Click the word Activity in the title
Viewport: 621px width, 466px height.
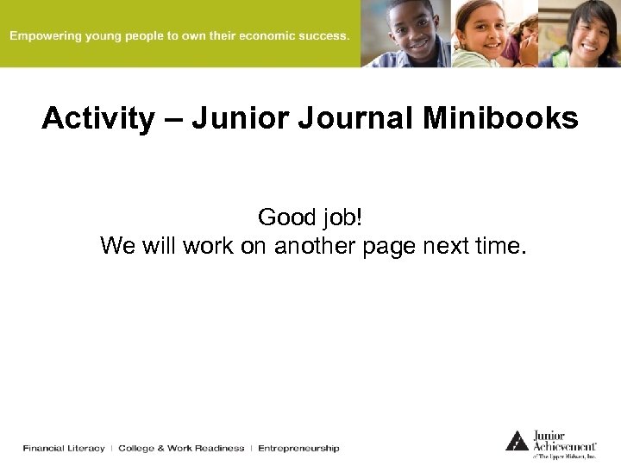coord(97,118)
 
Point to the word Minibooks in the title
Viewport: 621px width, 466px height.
coord(500,118)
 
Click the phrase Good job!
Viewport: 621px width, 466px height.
coord(310,217)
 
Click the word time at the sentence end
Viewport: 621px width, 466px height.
coord(496,246)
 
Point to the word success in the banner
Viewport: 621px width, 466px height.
coord(320,36)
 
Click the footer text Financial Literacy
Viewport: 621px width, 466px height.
coord(64,448)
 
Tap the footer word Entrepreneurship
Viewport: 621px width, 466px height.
coord(298,448)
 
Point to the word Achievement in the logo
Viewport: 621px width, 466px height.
coord(565,445)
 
